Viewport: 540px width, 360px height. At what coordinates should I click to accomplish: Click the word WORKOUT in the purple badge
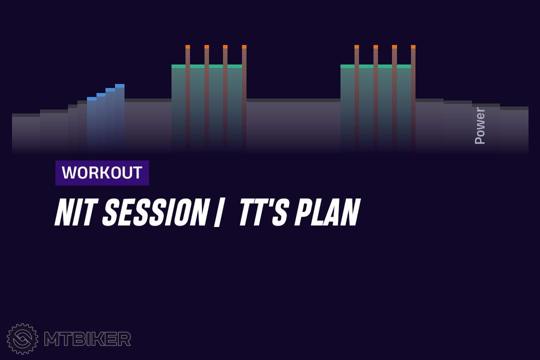[x=102, y=172]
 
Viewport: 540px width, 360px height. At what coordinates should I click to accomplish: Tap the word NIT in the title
[x=74, y=212]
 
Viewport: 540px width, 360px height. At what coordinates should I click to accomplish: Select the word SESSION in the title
[x=155, y=212]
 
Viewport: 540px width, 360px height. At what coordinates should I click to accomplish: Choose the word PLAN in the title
[x=327, y=212]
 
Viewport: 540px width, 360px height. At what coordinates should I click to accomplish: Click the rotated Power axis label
[x=479, y=125]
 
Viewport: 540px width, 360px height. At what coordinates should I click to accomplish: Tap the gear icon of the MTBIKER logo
[x=22, y=338]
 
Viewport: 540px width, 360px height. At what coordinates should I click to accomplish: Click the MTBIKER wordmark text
[x=87, y=339]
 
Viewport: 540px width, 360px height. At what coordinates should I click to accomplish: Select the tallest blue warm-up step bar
[x=120, y=117]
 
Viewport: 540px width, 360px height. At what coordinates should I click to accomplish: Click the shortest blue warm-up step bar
[x=91, y=124]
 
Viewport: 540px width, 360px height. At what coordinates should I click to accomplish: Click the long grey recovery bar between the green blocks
[x=293, y=125]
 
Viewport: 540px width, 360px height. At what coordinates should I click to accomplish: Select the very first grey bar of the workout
[x=26, y=132]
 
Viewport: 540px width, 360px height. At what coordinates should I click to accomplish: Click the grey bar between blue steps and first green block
[x=148, y=125]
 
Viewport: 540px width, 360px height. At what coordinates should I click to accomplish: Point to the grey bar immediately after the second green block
[x=429, y=125]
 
